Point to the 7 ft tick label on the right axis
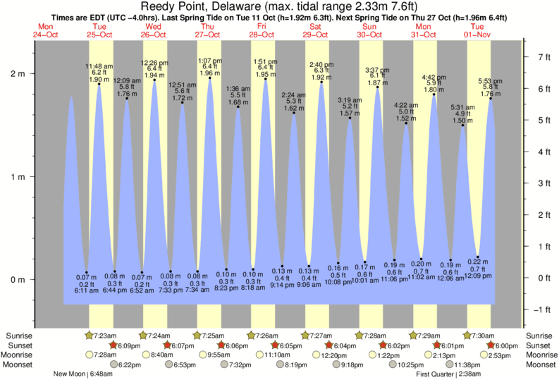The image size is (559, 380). pos(543,56)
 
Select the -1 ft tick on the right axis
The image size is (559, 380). pos(541,309)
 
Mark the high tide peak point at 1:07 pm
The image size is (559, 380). pos(209,78)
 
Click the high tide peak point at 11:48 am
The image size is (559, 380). pos(99,84)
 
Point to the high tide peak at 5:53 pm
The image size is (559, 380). pos(491,98)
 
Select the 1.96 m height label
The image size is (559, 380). pos(209,73)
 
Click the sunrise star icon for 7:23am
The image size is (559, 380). pos(89,335)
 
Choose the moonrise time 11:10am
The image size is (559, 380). pos(262,355)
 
